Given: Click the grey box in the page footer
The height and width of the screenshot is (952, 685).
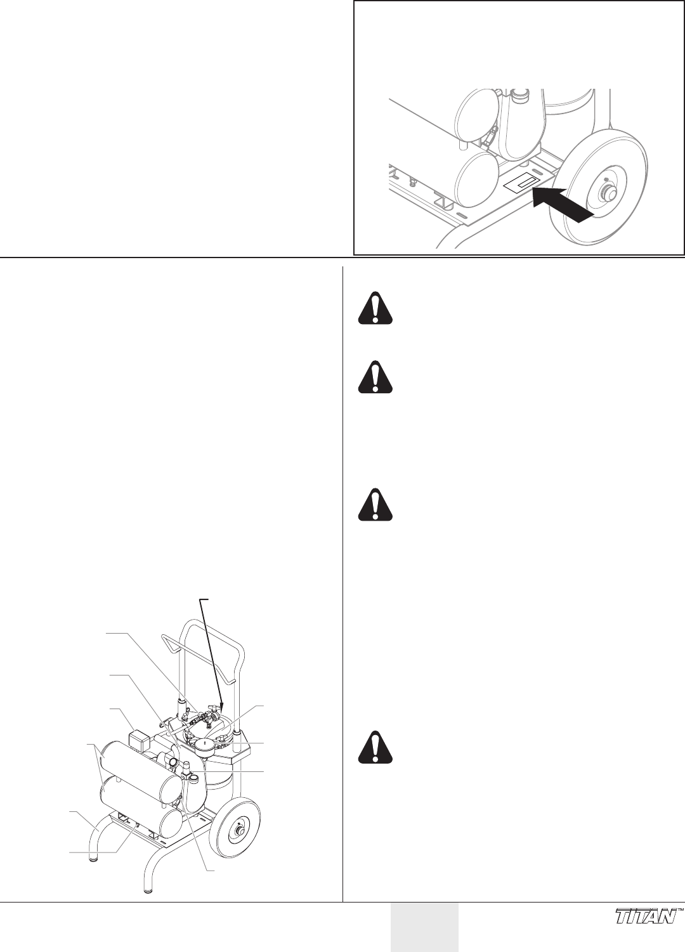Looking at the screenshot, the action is pyautogui.click(x=424, y=927).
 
